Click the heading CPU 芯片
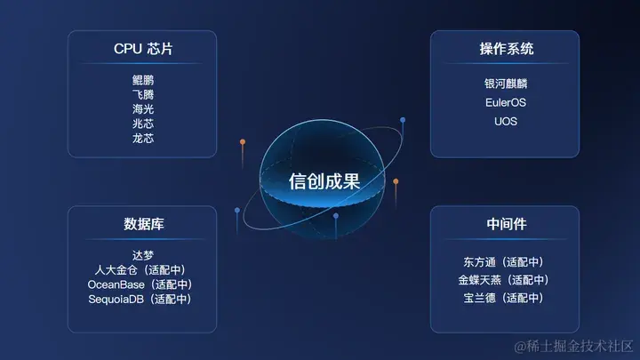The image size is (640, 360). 143,49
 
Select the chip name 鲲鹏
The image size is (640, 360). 143,80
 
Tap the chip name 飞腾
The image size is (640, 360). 143,95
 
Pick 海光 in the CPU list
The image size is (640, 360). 143,109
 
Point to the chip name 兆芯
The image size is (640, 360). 143,124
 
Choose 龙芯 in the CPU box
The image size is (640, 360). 143,139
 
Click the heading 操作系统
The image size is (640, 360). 506,49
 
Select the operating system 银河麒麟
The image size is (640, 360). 506,84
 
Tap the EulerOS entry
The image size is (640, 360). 506,102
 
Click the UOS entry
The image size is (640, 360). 506,121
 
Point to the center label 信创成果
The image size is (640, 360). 324,181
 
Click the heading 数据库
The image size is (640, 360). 144,224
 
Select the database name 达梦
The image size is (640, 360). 143,255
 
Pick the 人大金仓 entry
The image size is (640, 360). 116,270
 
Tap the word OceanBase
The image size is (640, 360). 116,284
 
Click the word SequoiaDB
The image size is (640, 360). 116,300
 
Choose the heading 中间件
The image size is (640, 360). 507,224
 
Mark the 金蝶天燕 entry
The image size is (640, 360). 479,280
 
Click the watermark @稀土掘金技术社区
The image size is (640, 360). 573,347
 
